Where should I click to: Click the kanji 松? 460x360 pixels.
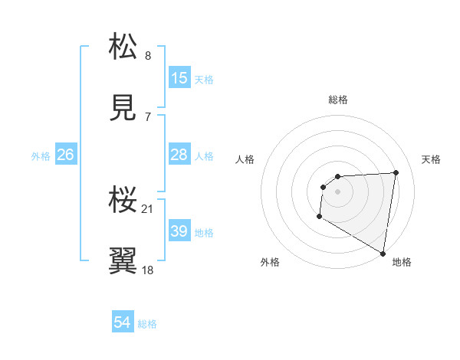click(123, 46)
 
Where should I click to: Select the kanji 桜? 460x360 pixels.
click(123, 200)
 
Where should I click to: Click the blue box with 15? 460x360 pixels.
click(179, 78)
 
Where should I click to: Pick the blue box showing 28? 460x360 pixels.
click(179, 155)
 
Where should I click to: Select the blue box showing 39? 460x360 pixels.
click(179, 231)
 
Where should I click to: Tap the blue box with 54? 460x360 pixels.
click(123, 323)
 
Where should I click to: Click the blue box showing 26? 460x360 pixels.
click(65, 155)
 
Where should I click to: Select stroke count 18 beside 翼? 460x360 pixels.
click(147, 270)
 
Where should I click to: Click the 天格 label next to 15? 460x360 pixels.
click(204, 79)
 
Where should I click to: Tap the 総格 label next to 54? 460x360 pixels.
click(147, 324)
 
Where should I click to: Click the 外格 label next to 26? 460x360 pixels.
click(41, 155)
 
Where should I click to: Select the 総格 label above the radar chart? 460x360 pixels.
click(337, 100)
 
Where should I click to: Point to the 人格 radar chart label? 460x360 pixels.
click(245, 159)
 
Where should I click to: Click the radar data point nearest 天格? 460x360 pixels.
click(396, 172)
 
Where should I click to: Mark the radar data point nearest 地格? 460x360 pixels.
click(383, 253)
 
